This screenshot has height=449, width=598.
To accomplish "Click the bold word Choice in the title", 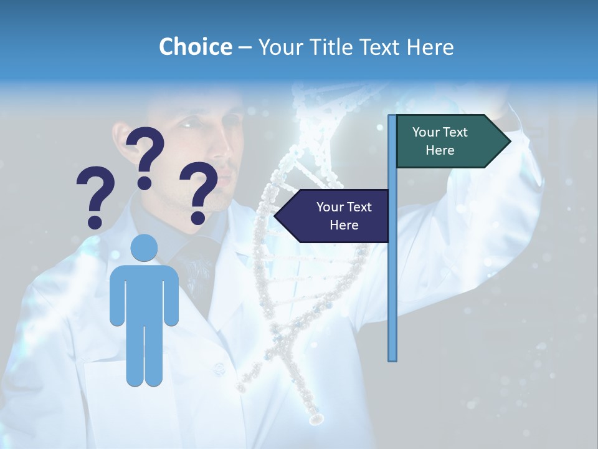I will (195, 47).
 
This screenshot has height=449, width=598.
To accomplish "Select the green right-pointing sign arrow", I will (448, 142).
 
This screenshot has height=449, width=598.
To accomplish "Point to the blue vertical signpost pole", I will (392, 281).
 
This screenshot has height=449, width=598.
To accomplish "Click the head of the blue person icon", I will (145, 248).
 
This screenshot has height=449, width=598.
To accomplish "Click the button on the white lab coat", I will (219, 370).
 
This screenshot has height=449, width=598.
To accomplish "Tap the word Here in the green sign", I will (440, 150).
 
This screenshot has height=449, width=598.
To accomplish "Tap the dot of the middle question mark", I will (145, 183).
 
